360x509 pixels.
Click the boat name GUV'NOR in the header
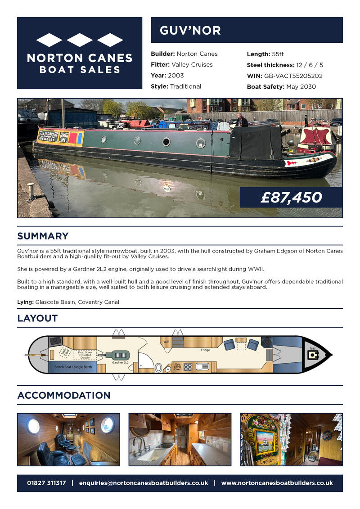point(190,30)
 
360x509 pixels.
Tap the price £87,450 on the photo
point(291,197)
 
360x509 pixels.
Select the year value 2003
point(175,76)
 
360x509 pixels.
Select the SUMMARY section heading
point(43,236)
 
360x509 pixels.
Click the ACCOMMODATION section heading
point(63,395)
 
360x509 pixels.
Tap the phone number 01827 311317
point(46,483)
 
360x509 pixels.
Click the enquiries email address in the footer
point(143,483)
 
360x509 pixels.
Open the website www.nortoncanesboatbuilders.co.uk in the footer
point(277,483)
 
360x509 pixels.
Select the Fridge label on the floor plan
point(206,350)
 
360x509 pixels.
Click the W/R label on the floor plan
point(166,342)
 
